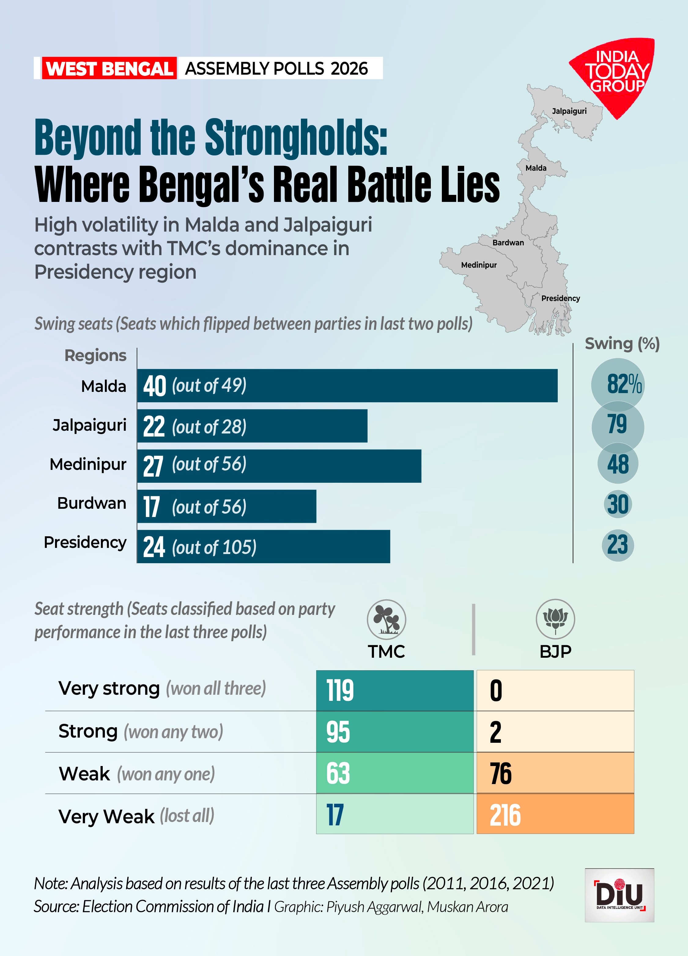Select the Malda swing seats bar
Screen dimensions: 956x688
point(347,385)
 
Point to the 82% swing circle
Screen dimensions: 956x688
point(618,384)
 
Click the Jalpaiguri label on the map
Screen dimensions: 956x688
point(569,111)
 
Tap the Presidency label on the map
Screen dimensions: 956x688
point(560,298)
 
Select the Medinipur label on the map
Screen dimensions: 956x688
point(479,265)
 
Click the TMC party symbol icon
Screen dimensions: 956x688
point(386,619)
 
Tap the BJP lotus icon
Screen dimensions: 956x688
point(555,619)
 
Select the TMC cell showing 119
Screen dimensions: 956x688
point(395,690)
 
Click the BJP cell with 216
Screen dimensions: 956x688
point(555,814)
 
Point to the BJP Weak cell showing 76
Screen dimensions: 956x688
point(555,773)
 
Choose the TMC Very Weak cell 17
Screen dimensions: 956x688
point(395,814)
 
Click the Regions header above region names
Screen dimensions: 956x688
point(95,355)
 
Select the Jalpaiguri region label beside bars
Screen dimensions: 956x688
point(89,425)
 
